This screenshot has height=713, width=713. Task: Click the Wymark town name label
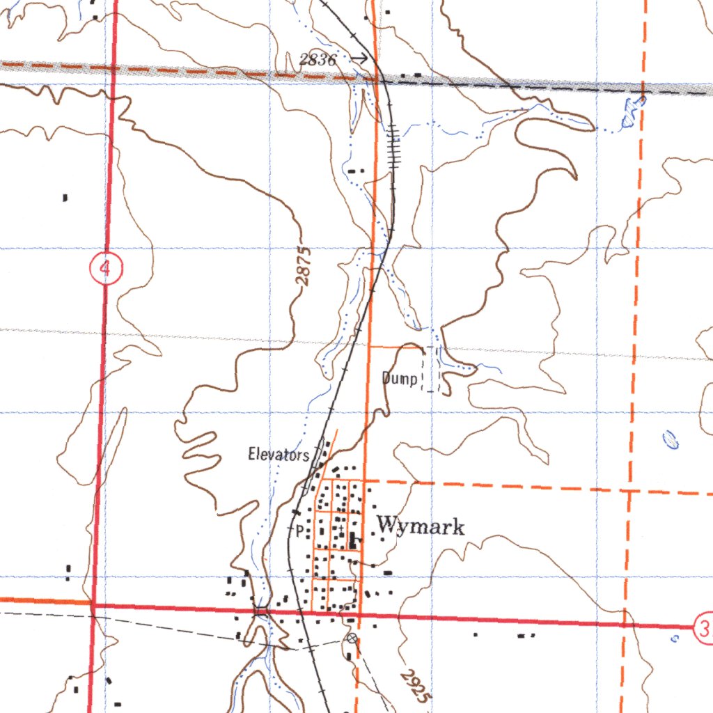tap(421, 526)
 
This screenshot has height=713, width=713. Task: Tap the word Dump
tap(400, 379)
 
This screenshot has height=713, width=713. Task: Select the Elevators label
tap(279, 455)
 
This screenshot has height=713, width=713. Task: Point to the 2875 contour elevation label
tap(303, 266)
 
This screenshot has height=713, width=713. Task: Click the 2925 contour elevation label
tap(416, 688)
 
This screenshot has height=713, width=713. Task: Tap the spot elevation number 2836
tap(318, 60)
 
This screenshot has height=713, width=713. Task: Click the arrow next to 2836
tap(359, 59)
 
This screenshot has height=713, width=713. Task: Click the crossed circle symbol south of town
tap(352, 638)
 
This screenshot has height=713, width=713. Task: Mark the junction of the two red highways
tap(92, 605)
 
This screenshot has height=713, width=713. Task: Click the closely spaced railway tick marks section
tap(394, 146)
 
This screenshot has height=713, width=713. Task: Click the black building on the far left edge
tap(65, 198)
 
